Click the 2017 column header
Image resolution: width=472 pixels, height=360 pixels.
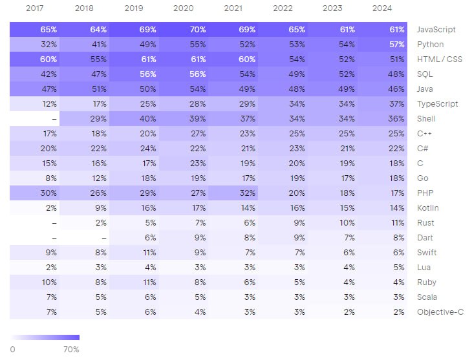click(35, 8)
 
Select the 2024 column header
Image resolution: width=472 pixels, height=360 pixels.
click(382, 8)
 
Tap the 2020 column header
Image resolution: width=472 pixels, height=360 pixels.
click(184, 8)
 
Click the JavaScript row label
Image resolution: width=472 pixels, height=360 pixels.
click(436, 30)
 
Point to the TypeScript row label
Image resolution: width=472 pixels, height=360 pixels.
click(437, 104)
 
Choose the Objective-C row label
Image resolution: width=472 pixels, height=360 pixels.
click(440, 312)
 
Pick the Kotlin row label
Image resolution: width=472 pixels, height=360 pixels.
click(428, 207)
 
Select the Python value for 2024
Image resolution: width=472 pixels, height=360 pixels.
click(396, 44)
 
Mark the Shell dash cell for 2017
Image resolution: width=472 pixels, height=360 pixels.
click(54, 119)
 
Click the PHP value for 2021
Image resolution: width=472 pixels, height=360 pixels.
click(248, 193)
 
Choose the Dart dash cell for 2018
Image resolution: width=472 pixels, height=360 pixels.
click(104, 238)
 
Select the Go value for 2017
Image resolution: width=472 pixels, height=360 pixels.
click(51, 178)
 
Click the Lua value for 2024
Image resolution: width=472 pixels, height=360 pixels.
click(399, 268)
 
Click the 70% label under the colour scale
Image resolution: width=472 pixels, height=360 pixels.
click(71, 350)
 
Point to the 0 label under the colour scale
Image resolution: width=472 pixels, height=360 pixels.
click(12, 350)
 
